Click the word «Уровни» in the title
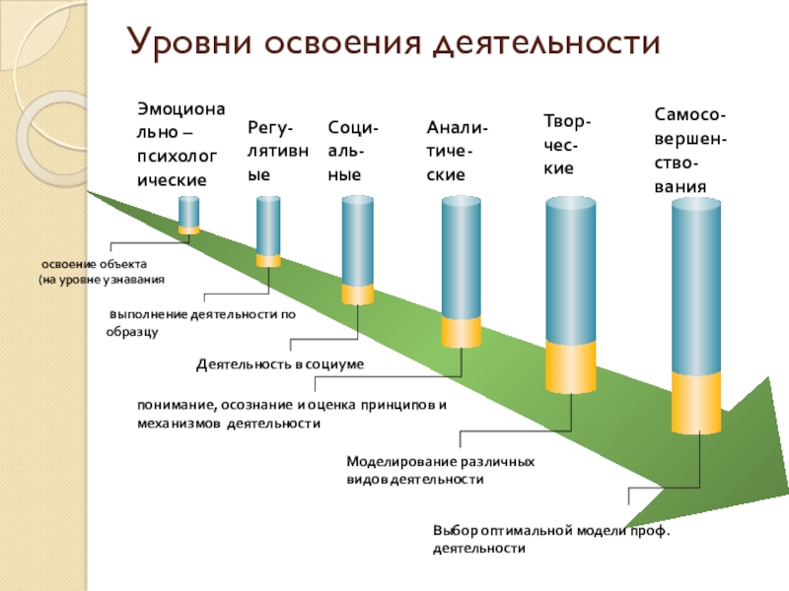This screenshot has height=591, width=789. tap(182, 43)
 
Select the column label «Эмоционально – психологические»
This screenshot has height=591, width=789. tap(174, 142)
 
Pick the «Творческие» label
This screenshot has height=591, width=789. tap(568, 144)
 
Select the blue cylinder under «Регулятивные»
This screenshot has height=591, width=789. tap(268, 227)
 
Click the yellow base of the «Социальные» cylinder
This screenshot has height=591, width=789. tap(357, 295)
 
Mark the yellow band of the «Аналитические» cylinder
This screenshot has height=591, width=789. tap(461, 332)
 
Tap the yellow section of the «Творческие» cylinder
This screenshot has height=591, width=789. tap(570, 368)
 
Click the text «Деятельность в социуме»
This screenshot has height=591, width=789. tap(279, 364)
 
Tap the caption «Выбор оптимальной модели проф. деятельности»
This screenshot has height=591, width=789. tap(550, 538)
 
